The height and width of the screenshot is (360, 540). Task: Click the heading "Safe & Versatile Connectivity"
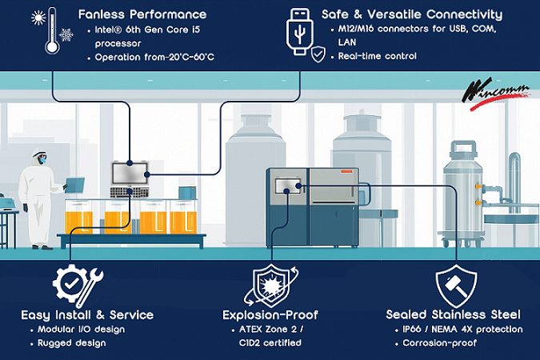pyautogui.click(x=412, y=14)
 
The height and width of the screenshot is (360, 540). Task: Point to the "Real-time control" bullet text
pyautogui.click(x=377, y=57)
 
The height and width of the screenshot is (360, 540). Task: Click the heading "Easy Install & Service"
pyautogui.click(x=87, y=314)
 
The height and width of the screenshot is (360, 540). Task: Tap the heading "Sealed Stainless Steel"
pyautogui.click(x=454, y=314)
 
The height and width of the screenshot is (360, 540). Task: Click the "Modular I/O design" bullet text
pyautogui.click(x=82, y=330)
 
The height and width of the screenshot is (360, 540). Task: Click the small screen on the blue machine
pyautogui.click(x=286, y=186)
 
